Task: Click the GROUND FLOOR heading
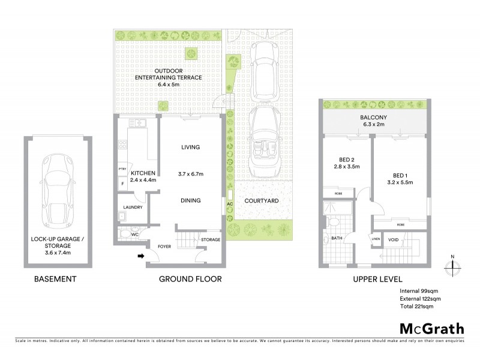pyautogui.click(x=190, y=279)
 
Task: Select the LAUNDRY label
pyautogui.click(x=131, y=208)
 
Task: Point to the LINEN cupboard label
pyautogui.click(x=376, y=239)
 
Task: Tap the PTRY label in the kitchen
pyautogui.click(x=121, y=169)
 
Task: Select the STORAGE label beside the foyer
pyautogui.click(x=211, y=240)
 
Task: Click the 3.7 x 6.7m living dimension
pyautogui.click(x=191, y=174)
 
